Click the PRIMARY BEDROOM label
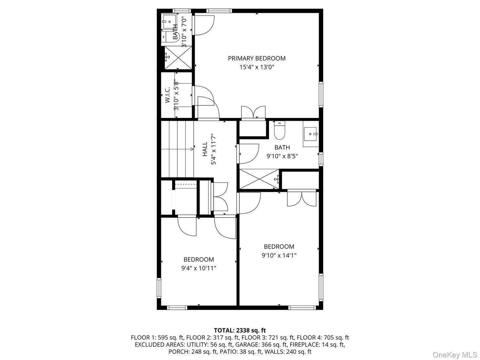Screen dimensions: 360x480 click(257, 59)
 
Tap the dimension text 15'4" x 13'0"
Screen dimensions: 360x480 click(257, 67)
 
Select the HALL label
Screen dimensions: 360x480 click(205, 149)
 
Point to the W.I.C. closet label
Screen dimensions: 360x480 click(167, 95)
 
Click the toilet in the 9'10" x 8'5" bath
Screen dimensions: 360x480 click(279, 131)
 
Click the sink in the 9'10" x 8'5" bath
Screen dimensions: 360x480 click(310, 134)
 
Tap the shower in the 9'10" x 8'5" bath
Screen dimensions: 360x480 click(259, 179)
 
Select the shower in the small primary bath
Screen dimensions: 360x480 click(178, 58)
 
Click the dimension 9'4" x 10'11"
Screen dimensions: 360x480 click(199, 268)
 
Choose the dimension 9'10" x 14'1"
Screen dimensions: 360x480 click(279, 255)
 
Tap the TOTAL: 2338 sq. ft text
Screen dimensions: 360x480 click(240, 330)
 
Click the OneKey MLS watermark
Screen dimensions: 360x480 click(455, 355)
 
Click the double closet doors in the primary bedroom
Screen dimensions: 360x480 click(253, 112)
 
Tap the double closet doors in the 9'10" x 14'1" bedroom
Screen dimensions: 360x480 click(301, 198)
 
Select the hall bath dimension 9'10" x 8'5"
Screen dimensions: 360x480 click(282, 156)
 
